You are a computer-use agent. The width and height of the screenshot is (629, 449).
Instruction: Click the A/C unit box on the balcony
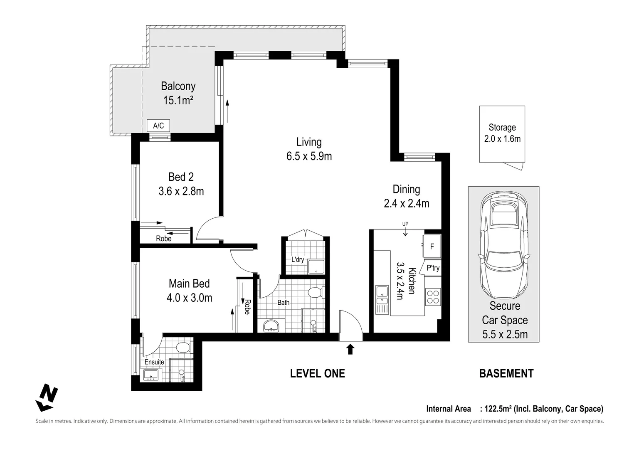(x=158, y=126)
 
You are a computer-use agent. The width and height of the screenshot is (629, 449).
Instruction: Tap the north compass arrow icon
(x=47, y=397)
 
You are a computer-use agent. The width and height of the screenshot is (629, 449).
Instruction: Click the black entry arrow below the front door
(x=350, y=349)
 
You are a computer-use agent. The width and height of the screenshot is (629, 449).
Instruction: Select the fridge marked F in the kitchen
(x=432, y=247)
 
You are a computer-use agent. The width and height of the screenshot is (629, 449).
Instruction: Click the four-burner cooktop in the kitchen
(x=432, y=296)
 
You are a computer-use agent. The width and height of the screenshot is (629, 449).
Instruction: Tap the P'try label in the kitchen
(x=433, y=268)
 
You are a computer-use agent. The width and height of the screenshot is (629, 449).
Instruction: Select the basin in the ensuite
(x=150, y=375)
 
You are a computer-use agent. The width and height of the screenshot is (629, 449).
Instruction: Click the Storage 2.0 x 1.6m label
(x=502, y=133)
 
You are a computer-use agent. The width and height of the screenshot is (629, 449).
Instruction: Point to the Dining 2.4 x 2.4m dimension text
(x=406, y=196)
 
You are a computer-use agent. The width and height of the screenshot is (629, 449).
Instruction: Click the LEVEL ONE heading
(x=317, y=373)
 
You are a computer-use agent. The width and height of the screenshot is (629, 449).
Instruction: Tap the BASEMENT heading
(x=506, y=373)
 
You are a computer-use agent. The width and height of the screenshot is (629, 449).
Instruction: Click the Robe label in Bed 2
(x=163, y=239)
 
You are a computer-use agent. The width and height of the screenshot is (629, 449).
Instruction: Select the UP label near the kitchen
(x=405, y=224)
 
